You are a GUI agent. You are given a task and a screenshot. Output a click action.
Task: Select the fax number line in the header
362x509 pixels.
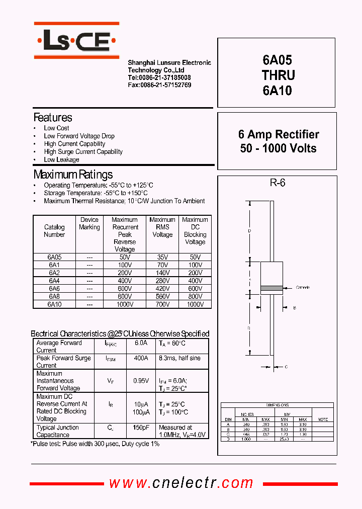tap(159, 85)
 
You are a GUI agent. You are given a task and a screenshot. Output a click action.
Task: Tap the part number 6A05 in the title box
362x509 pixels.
tap(277, 60)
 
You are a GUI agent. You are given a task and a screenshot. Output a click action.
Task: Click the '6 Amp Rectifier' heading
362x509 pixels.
tap(279, 134)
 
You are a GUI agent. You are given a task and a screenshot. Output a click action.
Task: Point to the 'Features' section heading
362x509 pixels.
tap(53, 118)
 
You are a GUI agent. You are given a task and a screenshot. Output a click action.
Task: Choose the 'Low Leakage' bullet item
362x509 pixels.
tap(61, 159)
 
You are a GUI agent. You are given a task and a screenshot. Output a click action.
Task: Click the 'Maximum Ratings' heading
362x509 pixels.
tap(73, 175)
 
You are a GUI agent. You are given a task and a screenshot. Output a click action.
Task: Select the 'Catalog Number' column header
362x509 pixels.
tap(54, 231)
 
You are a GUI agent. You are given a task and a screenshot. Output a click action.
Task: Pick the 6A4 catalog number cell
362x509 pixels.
tap(54, 281)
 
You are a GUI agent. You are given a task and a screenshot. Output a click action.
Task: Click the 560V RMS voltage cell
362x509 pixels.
tap(162, 296)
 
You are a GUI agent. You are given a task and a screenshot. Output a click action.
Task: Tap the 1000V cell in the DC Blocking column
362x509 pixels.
tap(195, 304)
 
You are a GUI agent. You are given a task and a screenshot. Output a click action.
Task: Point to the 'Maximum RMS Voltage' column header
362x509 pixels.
tap(162, 227)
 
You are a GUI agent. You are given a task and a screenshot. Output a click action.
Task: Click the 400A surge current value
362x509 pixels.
tap(141, 358)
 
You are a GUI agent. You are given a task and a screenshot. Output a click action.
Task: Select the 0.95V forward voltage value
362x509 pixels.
tap(141, 381)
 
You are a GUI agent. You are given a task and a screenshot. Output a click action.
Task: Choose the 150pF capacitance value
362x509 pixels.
tap(141, 428)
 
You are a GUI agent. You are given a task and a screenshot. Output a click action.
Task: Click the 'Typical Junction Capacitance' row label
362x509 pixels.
tap(58, 431)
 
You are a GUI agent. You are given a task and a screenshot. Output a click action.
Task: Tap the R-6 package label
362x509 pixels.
tap(278, 183)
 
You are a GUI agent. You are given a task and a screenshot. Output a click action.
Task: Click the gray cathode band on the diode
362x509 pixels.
tap(270, 288)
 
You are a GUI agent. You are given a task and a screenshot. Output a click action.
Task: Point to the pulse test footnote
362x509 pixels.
tap(96, 444)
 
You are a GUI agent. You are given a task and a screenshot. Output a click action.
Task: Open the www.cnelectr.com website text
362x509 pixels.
tap(182, 483)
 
